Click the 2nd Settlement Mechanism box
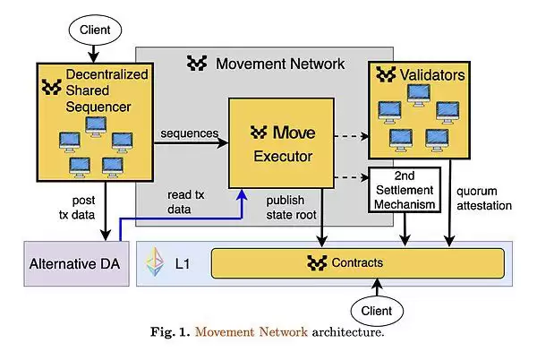coord(403,190)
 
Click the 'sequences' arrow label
coord(190,133)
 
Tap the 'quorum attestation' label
coord(484,198)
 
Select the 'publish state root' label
coord(296,207)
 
